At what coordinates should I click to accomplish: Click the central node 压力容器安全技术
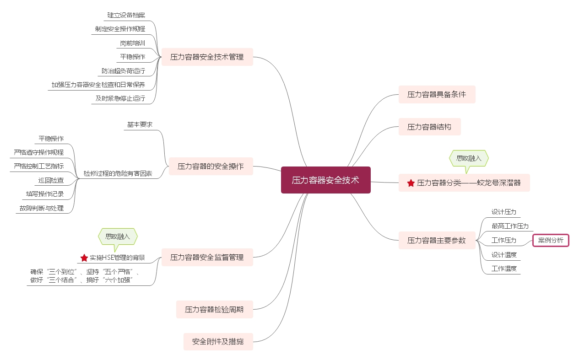[325, 180]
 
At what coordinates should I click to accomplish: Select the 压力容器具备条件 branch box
[437, 94]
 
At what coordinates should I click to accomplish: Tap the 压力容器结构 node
[429, 127]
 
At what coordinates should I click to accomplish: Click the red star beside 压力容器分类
[411, 183]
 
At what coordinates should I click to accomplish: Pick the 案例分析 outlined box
[551, 240]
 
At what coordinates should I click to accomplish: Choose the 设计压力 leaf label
[503, 212]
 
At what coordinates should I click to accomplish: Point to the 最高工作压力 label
[510, 226]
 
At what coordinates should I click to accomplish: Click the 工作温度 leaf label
[504, 269]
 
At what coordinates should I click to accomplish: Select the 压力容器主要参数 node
[436, 240]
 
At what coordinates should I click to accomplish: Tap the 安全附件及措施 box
[218, 341]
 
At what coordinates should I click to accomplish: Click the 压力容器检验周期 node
[214, 309]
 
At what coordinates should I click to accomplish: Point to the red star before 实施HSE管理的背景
[84, 258]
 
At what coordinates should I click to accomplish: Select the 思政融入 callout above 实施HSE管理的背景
[118, 236]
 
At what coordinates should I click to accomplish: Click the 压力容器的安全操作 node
[211, 166]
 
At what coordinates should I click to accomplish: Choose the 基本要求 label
[140, 124]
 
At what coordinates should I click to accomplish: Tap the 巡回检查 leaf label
[51, 180]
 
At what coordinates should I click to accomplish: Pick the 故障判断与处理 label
[41, 208]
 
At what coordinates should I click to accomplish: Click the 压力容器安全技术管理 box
[207, 57]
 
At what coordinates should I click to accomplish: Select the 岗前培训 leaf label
[132, 43]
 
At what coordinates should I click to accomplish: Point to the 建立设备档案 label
[126, 15]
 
